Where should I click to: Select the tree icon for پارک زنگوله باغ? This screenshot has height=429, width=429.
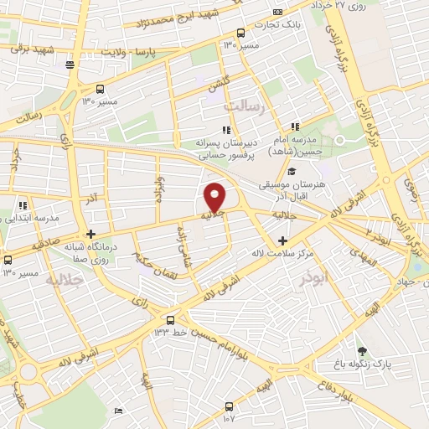362,351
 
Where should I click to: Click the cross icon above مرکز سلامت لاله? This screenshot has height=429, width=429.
282,240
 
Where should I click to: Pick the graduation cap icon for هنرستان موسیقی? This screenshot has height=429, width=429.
292,172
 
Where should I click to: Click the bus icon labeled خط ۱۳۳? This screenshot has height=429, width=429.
171,319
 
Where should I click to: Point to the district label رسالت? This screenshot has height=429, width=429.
245,107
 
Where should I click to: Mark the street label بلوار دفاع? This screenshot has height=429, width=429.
325,386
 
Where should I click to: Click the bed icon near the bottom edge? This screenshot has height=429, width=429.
118,411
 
